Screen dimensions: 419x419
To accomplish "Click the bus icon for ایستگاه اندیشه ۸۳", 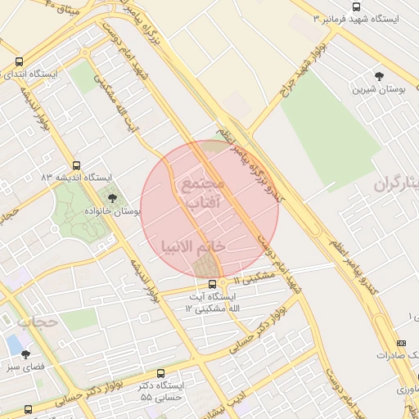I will point(76,165).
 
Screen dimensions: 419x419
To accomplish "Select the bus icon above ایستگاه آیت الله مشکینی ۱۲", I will point(212,284).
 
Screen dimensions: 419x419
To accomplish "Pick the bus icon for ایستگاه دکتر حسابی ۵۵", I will point(160,372).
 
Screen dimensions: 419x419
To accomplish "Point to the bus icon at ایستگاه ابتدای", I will point(19,61).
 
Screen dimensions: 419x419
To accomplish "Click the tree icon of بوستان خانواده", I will point(112,197).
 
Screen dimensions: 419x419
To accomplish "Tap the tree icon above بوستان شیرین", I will point(377,75).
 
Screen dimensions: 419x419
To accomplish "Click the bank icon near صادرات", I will point(400,343).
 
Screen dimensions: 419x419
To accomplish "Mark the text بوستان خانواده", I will point(115,211).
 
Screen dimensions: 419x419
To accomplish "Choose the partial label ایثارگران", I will point(398,184).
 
